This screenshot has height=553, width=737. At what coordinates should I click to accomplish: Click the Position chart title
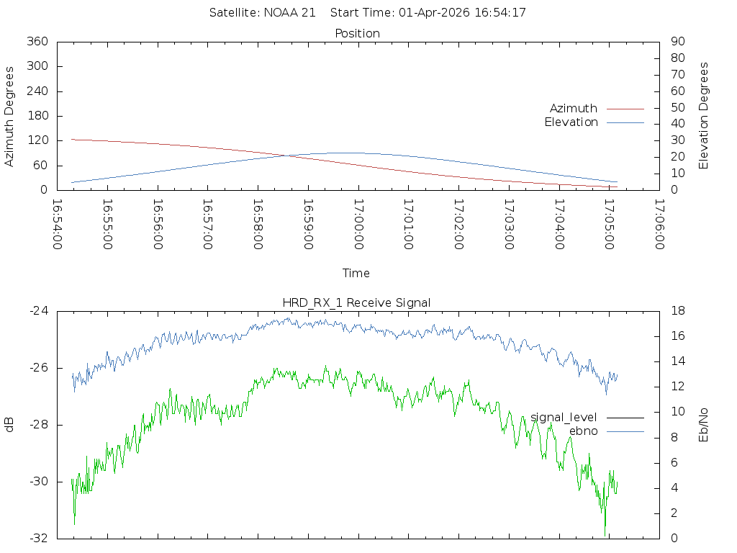tap(357, 33)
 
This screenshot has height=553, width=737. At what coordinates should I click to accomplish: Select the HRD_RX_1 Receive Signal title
tap(357, 302)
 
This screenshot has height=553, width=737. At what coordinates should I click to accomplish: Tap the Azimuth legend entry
tap(574, 108)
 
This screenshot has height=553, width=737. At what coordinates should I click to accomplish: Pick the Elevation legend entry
tap(571, 122)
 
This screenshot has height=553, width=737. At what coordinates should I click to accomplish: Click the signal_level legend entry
tap(564, 417)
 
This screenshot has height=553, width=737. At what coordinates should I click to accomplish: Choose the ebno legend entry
tap(583, 431)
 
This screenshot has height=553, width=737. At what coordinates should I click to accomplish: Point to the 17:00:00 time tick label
tap(358, 224)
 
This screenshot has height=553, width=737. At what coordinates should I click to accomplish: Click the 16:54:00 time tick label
tap(57, 224)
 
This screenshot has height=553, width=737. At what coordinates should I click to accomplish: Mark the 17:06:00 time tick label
tap(659, 224)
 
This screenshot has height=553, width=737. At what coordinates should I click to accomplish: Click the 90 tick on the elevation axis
tap(677, 42)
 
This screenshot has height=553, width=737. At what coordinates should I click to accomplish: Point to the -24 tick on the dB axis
tap(37, 311)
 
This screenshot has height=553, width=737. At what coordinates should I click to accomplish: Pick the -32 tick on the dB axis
tap(37, 539)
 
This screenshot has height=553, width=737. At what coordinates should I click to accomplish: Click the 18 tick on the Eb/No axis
tap(678, 311)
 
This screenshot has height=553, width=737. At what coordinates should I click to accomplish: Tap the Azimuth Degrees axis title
tap(9, 116)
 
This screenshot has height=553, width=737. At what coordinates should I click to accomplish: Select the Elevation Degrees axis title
tap(704, 116)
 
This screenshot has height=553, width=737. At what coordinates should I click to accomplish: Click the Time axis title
tap(356, 273)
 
